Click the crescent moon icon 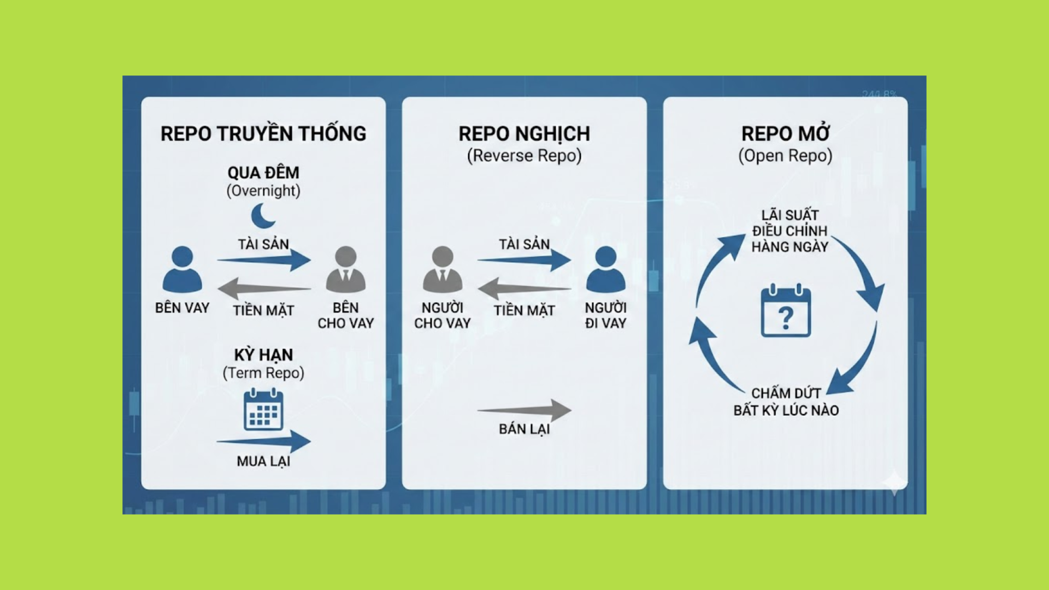pyautogui.click(x=263, y=216)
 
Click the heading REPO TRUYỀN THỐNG pyautogui.click(x=263, y=134)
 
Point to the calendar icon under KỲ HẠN pyautogui.click(x=263, y=409)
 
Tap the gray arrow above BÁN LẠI pyautogui.click(x=524, y=410)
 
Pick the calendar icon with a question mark pyautogui.click(x=786, y=311)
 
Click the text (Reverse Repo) pyautogui.click(x=524, y=156)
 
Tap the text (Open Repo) pyautogui.click(x=785, y=156)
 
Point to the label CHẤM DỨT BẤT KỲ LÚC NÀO pyautogui.click(x=786, y=402)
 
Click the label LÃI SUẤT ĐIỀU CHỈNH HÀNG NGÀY pyautogui.click(x=789, y=231)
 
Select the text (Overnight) pyautogui.click(x=263, y=191)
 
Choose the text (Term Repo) pyautogui.click(x=263, y=373)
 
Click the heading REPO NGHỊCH pyautogui.click(x=524, y=134)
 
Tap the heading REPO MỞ pyautogui.click(x=785, y=134)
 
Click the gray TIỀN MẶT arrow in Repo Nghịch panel pyautogui.click(x=524, y=288)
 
